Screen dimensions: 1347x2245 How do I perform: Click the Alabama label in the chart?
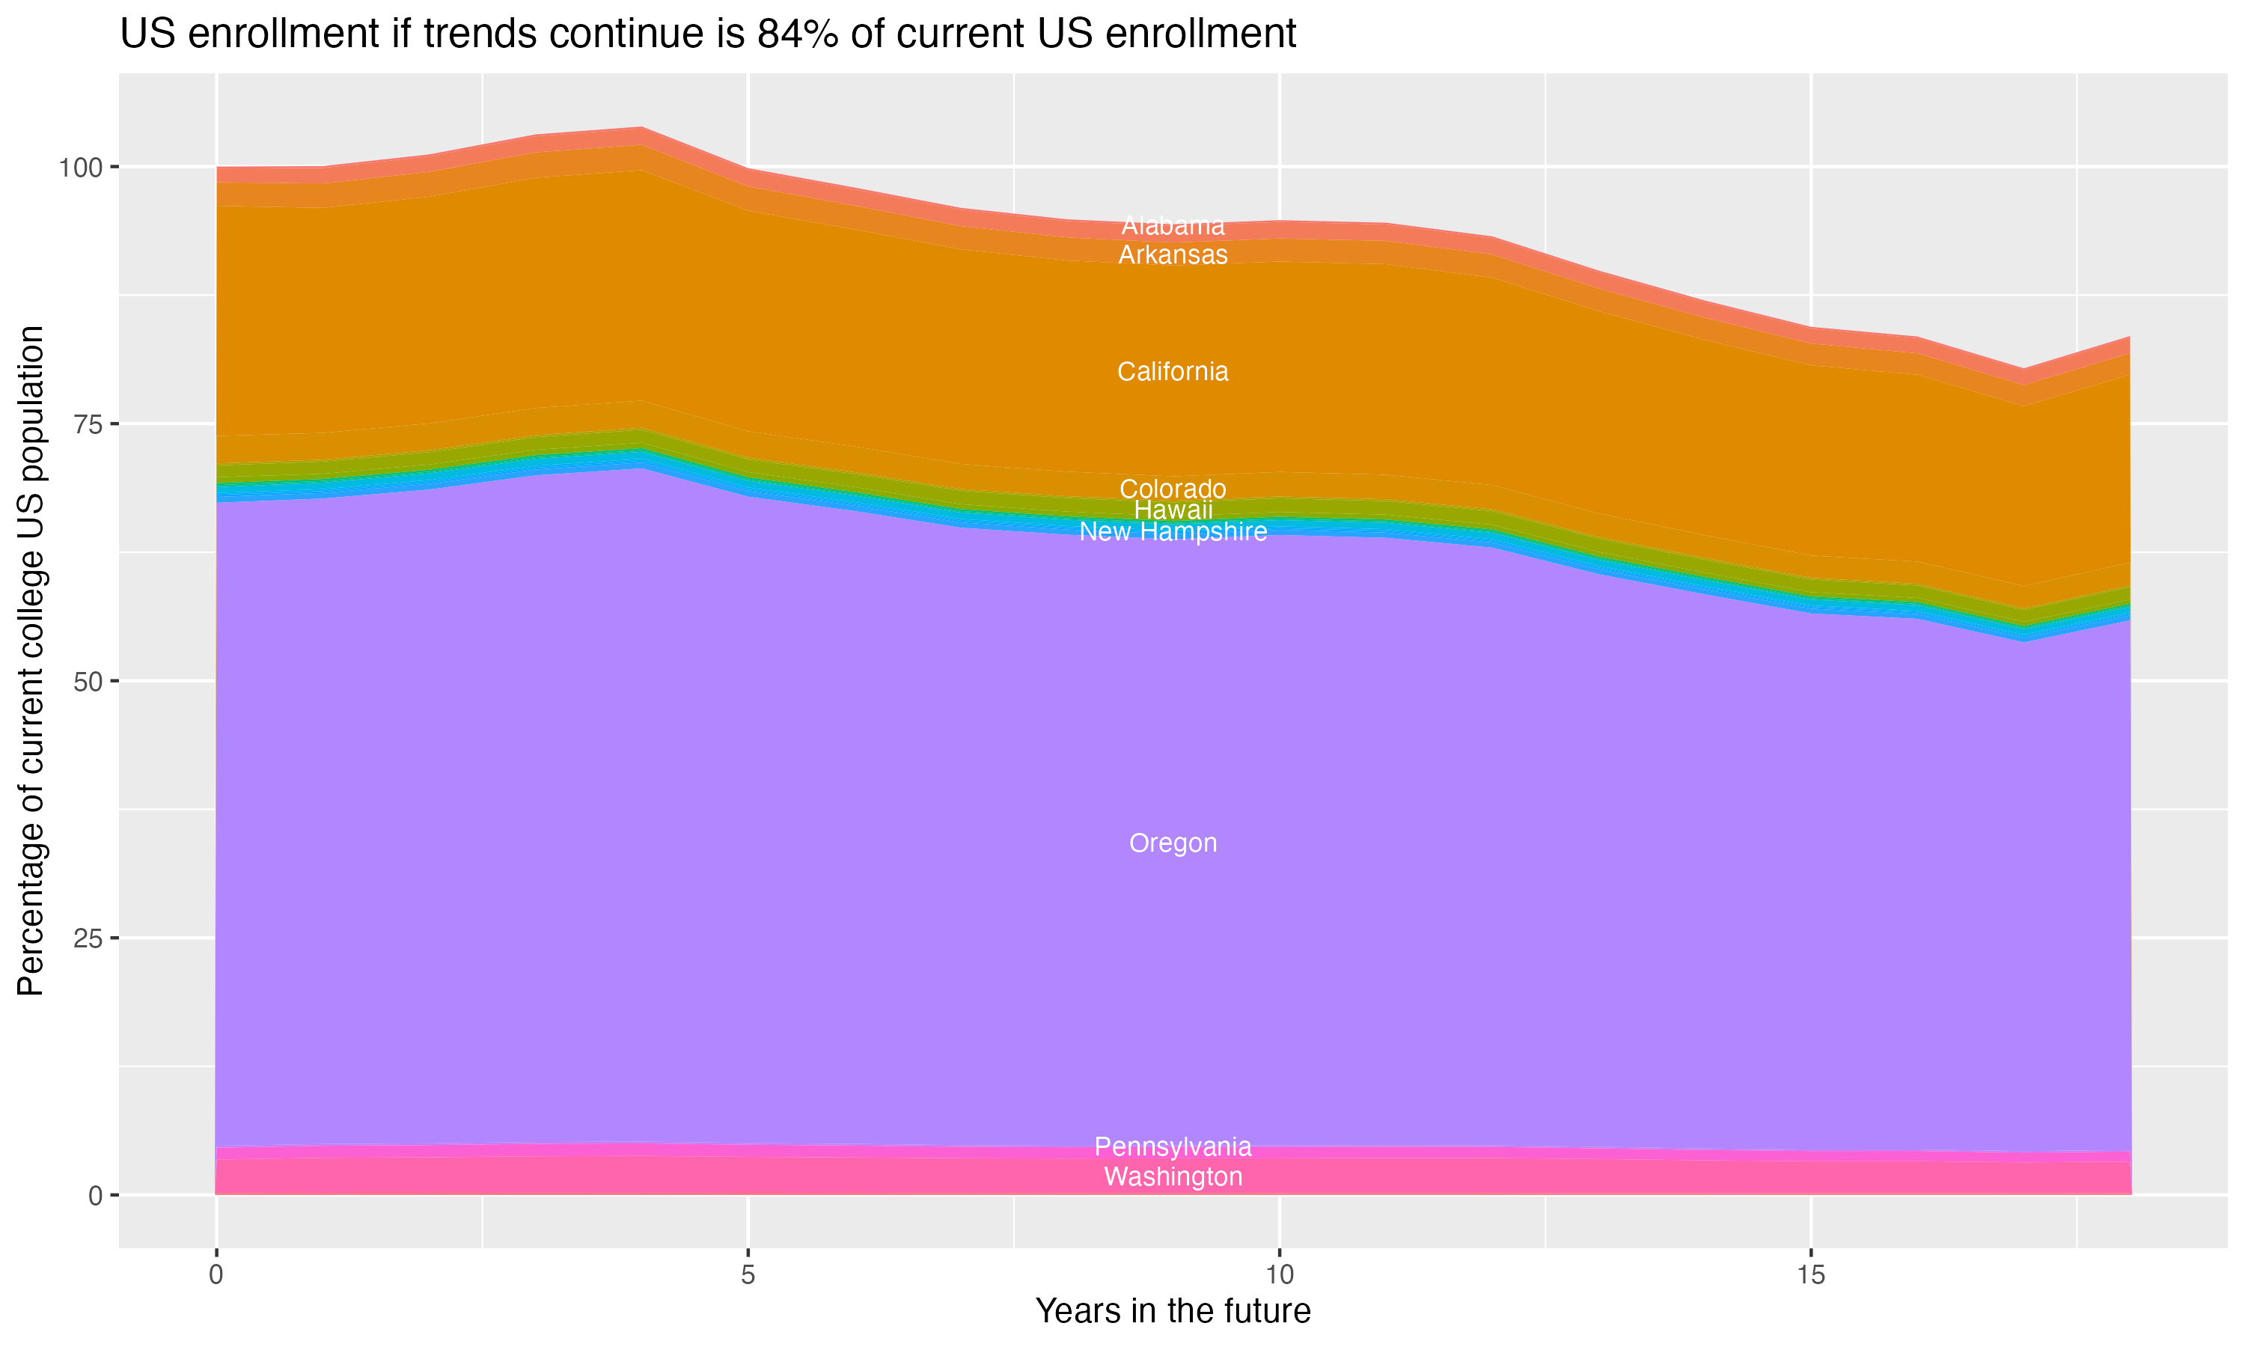click(1173, 226)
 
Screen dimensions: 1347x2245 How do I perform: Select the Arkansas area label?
click(1173, 255)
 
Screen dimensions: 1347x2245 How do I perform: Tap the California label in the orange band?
click(1173, 371)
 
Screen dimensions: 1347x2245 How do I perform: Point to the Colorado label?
click(1173, 489)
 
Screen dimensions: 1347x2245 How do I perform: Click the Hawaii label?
click(1173, 510)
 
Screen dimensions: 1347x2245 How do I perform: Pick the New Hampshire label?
click(1173, 532)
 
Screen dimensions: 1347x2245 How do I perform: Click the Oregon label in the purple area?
click(1173, 843)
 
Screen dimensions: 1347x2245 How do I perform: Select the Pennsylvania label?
click(1173, 1146)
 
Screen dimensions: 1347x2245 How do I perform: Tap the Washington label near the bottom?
click(1173, 1176)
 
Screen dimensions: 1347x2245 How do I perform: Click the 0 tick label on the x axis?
click(216, 1275)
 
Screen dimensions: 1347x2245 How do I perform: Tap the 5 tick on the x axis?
click(748, 1275)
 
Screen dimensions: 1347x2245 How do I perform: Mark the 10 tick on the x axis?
click(1279, 1275)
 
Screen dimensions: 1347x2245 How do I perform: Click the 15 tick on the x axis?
click(1810, 1275)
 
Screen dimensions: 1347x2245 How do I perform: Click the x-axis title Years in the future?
click(1173, 1310)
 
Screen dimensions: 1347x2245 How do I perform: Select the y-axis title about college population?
click(31, 661)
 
